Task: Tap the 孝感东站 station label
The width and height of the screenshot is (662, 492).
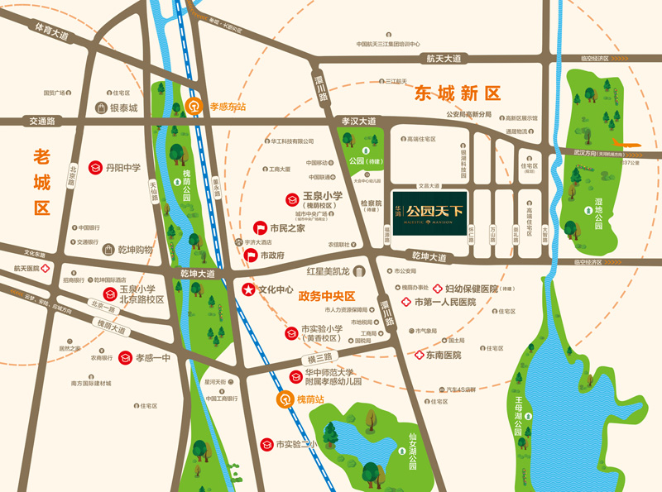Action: (228, 107)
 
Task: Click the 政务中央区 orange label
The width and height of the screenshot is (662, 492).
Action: (326, 295)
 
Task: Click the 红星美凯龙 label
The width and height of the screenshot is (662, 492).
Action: (334, 271)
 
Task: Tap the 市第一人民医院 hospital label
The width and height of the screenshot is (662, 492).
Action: (445, 303)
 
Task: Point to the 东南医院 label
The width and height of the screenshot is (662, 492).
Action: (444, 355)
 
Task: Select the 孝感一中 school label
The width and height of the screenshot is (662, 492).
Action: (152, 358)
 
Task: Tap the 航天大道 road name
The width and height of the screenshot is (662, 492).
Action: (444, 60)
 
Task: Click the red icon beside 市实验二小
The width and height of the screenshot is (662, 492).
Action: (266, 445)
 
